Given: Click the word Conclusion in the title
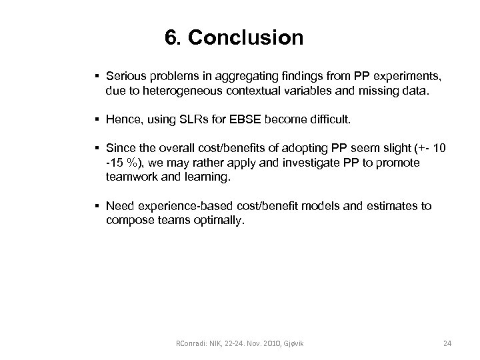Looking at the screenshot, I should tap(245, 37).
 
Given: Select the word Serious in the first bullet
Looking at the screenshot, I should tap(127, 79).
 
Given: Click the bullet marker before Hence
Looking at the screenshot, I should tap(97, 121).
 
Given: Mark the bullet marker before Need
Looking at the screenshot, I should tap(97, 207).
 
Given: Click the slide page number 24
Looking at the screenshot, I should tap(447, 343).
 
